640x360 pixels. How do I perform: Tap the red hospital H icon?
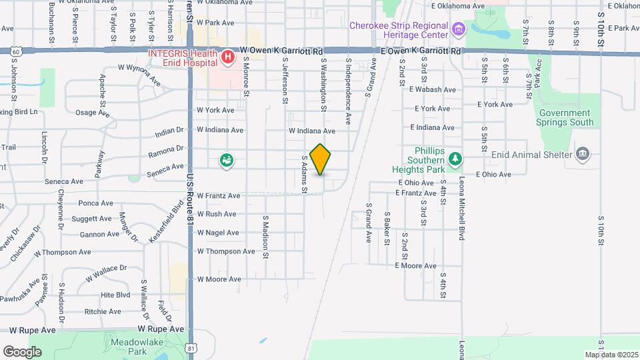point(228,57)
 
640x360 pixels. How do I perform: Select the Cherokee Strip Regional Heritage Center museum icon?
point(458,29)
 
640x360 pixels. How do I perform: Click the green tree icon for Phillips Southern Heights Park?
point(456,159)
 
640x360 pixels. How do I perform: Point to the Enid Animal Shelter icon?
point(583,155)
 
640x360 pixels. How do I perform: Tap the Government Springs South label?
point(565,117)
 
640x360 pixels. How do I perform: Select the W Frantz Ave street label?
point(218,196)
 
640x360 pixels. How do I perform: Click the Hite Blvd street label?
point(115,295)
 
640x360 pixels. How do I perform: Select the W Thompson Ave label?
point(226,251)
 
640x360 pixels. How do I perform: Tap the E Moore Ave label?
point(415,265)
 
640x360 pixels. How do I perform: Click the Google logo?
point(22,351)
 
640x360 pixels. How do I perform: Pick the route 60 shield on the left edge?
point(15,51)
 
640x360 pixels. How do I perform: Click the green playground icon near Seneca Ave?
point(227,160)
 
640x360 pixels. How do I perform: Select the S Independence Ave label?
point(348,91)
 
